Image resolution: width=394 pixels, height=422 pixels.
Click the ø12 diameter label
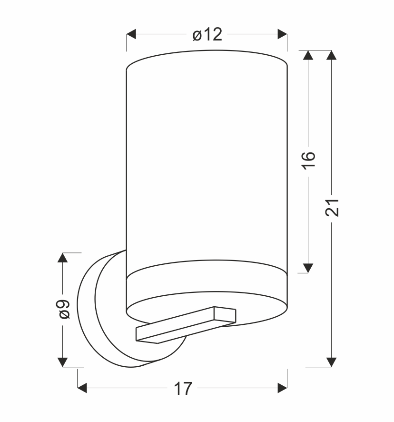click(x=207, y=34)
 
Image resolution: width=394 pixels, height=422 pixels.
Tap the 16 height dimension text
click(x=308, y=161)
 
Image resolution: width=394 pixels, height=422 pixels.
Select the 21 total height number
click(x=332, y=208)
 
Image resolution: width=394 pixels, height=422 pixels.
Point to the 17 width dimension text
click(x=183, y=389)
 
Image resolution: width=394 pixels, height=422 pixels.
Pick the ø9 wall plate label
click(x=64, y=309)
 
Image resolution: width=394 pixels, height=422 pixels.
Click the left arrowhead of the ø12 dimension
click(x=131, y=34)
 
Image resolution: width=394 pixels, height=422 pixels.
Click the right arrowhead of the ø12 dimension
click(x=282, y=34)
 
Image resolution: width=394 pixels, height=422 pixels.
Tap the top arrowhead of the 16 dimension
click(x=308, y=55)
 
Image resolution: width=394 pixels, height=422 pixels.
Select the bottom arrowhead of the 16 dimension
click(x=308, y=268)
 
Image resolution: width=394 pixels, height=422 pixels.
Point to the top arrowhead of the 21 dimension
click(x=331, y=55)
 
